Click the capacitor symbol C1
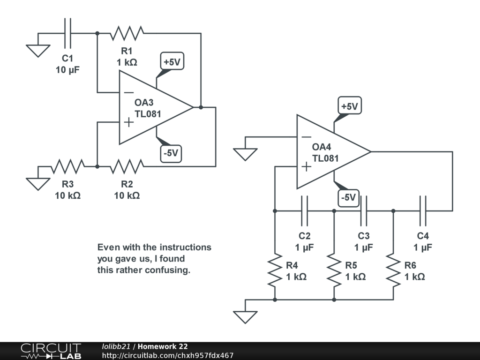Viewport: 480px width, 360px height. (x=68, y=33)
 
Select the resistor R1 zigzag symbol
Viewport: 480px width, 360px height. (x=127, y=33)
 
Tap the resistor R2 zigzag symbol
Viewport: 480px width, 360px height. (x=127, y=166)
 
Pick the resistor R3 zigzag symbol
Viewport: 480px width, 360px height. (x=68, y=166)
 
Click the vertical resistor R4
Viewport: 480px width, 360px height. (x=275, y=270)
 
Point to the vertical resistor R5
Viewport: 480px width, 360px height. (x=334, y=270)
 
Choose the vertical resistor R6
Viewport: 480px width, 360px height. (x=393, y=270)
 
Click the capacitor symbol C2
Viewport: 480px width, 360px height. (x=304, y=211)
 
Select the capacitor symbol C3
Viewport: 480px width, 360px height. (x=363, y=211)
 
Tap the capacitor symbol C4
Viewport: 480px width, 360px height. (x=422, y=211)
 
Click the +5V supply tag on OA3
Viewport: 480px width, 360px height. (x=172, y=61)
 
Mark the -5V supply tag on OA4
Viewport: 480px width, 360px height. (x=348, y=197)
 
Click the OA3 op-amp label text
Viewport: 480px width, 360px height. (x=144, y=103)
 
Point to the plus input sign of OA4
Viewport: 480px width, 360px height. (x=306, y=166)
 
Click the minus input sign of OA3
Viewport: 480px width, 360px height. (x=128, y=92)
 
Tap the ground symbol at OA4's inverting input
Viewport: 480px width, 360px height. (x=245, y=154)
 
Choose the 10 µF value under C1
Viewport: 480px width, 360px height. (x=67, y=70)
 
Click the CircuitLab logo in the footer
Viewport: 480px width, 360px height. (x=51, y=351)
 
